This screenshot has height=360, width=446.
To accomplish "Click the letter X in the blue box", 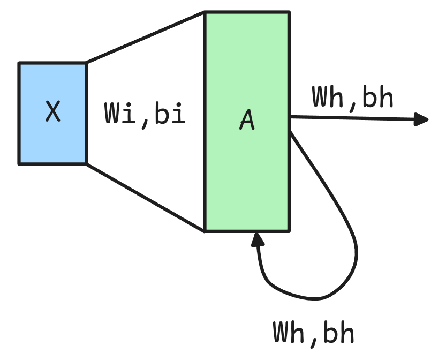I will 52,112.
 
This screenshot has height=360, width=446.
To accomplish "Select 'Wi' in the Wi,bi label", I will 118,114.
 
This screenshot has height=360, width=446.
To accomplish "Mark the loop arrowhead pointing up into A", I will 258,240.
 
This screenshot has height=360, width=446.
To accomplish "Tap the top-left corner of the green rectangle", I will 206,12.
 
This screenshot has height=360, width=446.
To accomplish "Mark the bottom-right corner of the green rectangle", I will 289,231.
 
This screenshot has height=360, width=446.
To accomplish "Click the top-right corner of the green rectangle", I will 289,12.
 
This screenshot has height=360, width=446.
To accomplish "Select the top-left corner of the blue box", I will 20,64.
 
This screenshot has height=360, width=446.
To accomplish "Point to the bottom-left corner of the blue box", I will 20,163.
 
